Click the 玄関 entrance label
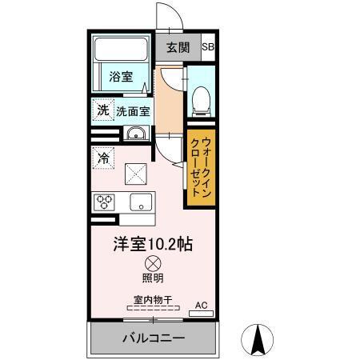coord(178,46)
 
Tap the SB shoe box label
coord(207,46)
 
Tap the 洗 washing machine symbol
coord(103,110)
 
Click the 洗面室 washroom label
coord(133,110)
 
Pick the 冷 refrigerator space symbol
coord(103,158)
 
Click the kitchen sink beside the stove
coord(142,202)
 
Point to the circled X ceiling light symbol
coord(152,263)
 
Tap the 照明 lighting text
coord(152,278)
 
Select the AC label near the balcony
coord(202,305)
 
